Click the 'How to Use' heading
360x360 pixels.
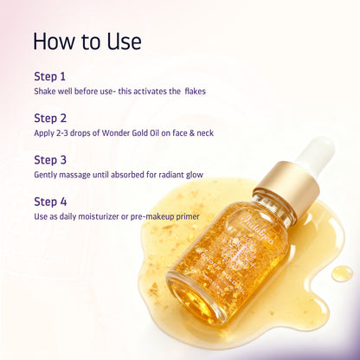tap(87, 41)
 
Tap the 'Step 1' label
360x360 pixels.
tap(50, 75)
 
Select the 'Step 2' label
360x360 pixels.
tap(50, 118)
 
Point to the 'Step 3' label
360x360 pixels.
tap(50, 159)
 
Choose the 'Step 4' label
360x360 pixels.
tap(50, 201)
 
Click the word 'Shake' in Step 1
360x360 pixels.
tap(45, 90)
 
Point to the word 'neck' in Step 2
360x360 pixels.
tap(204, 132)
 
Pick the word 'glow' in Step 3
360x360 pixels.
tap(196, 174)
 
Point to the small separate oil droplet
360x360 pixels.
tap(343, 273)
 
